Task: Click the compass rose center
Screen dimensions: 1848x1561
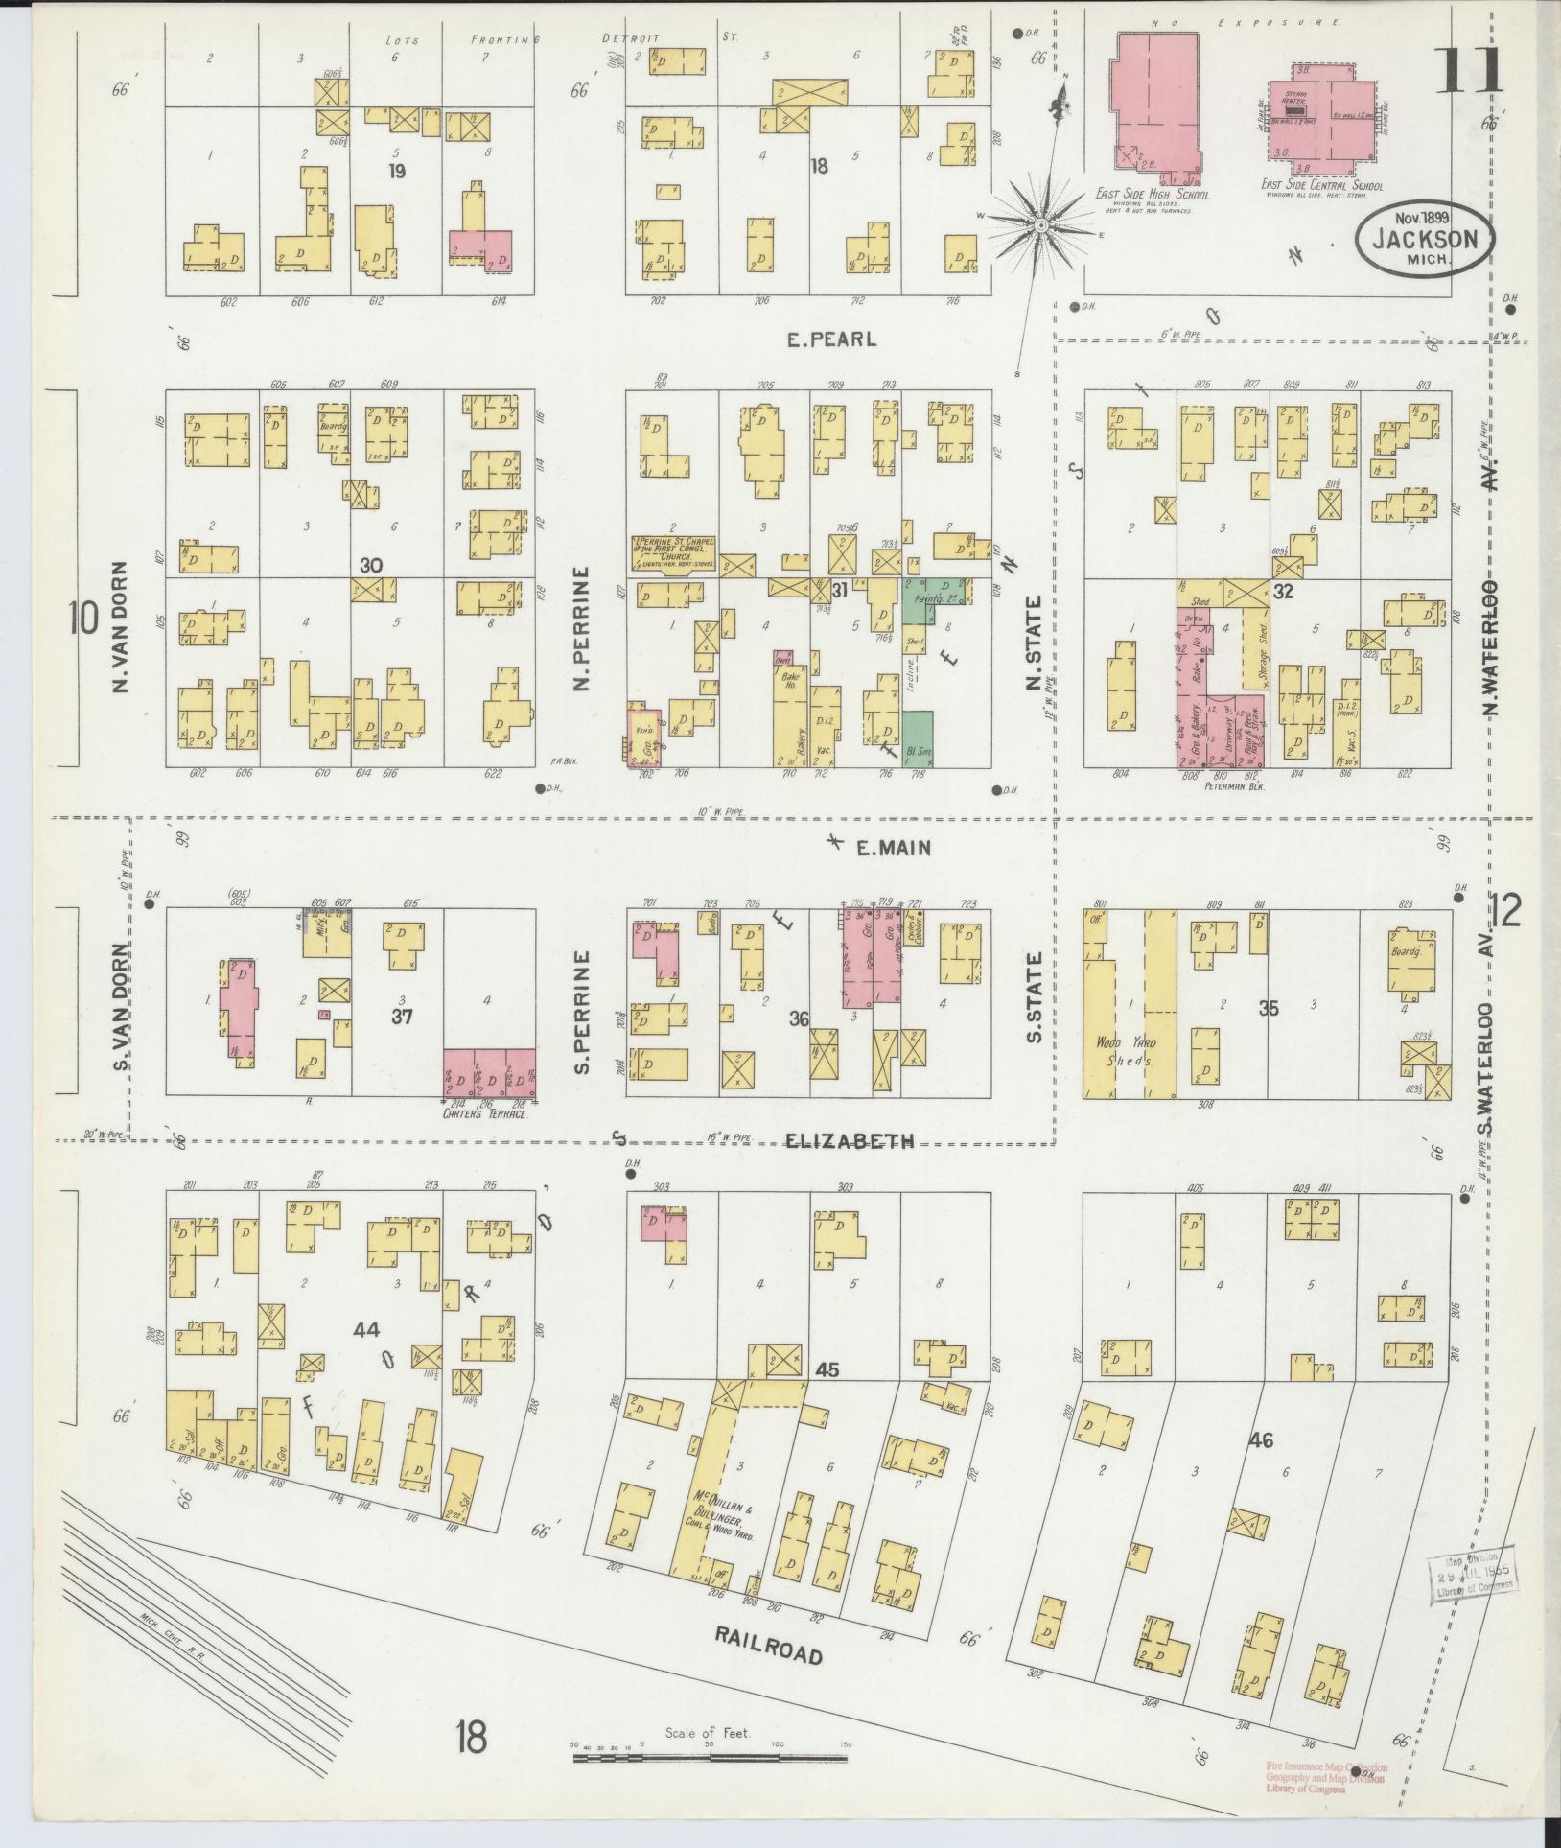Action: pyautogui.click(x=1040, y=224)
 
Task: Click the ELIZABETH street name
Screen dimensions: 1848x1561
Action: pyautogui.click(x=850, y=1140)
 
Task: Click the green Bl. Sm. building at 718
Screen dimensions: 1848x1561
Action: pyautogui.click(x=918, y=737)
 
